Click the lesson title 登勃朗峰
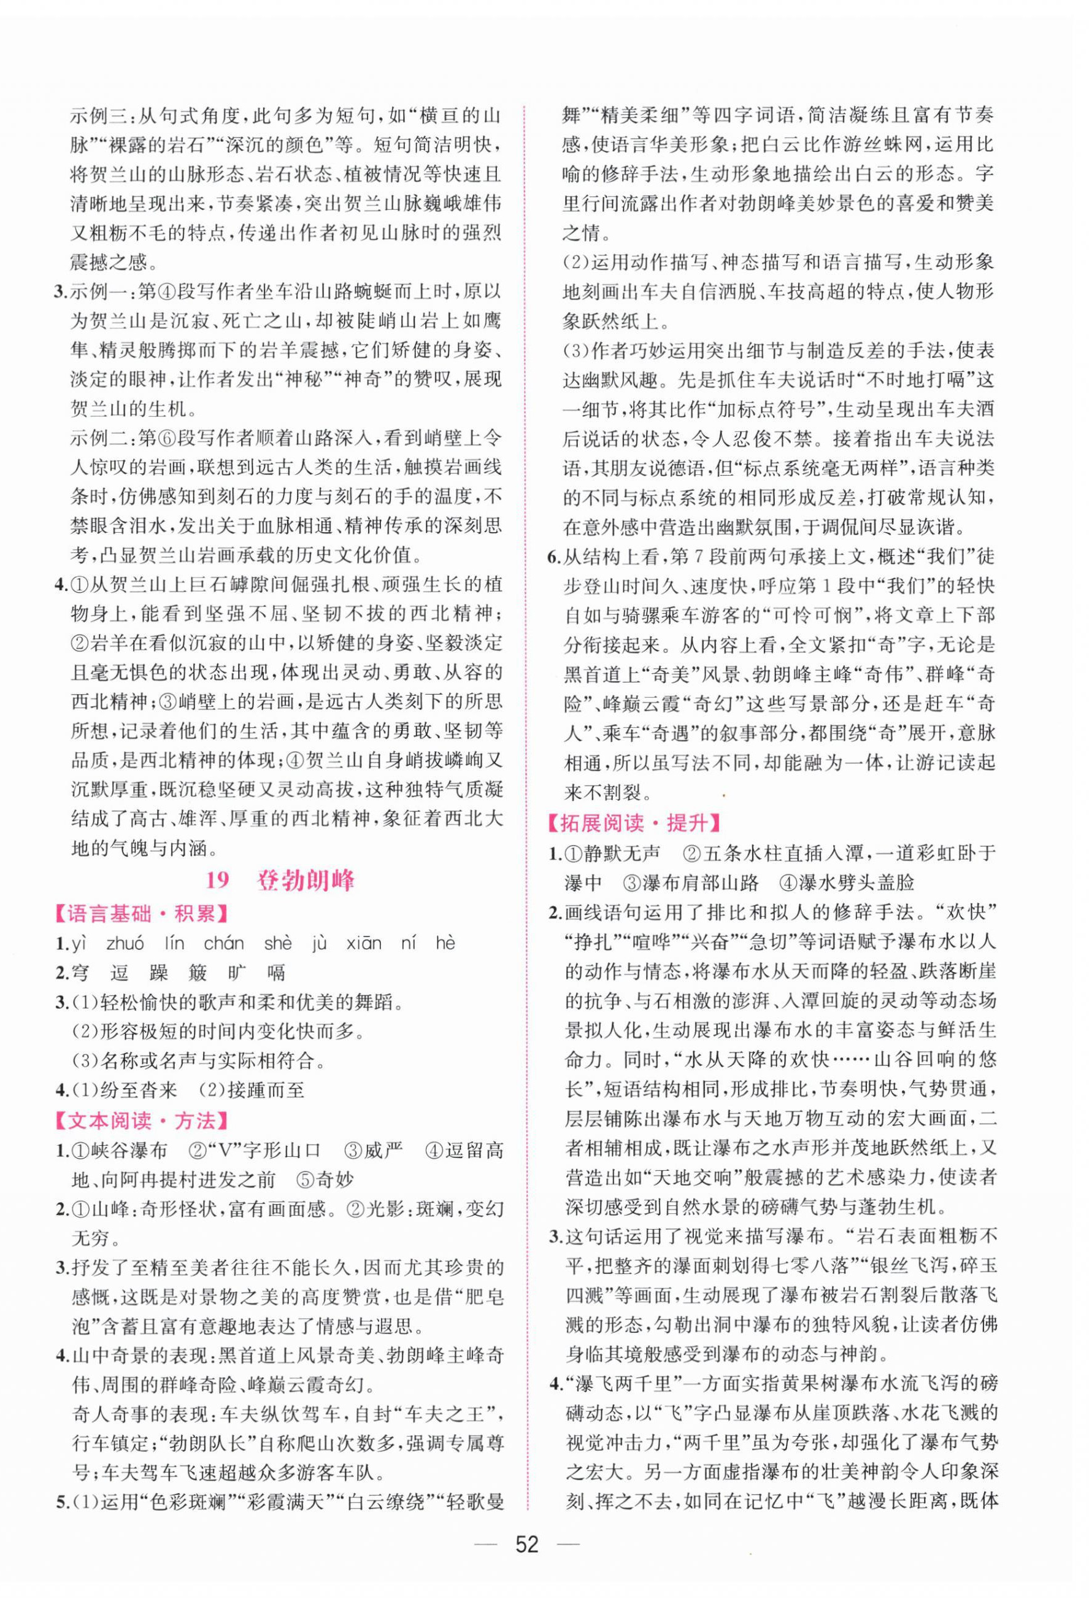click(306, 881)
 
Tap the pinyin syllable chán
click(224, 943)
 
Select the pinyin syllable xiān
click(363, 943)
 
